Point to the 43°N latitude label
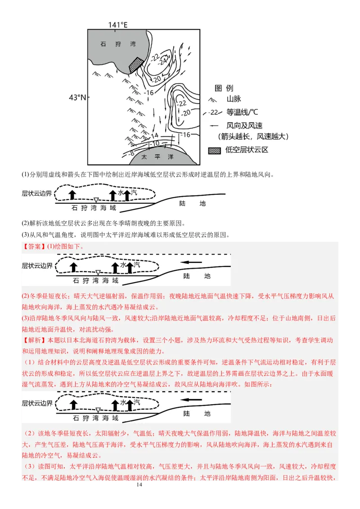pos(77,97)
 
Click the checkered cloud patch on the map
pos(136,65)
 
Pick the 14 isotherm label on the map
pos(154,135)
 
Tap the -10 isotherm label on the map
pos(156,143)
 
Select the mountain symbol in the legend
pos(211,99)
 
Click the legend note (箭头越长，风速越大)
pos(252,136)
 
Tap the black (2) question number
pos(25,223)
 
